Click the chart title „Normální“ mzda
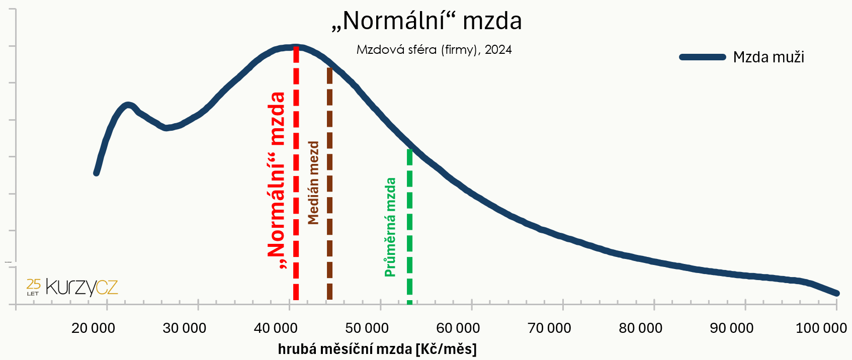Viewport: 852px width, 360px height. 427,21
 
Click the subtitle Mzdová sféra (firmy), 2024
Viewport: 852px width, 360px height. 434,50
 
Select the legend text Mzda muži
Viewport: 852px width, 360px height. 768,57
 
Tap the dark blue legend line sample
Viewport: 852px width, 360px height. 702,57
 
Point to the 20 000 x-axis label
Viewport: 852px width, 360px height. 93,328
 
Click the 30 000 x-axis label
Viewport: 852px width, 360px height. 184,328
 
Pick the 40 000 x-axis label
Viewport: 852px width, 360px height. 276,328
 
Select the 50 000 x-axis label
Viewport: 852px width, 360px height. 367,328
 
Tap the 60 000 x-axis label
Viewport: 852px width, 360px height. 458,328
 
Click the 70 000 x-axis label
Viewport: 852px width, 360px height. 549,328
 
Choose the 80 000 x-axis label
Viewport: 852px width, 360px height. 640,328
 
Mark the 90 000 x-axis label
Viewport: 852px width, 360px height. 731,328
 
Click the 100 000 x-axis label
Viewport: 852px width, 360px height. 821,328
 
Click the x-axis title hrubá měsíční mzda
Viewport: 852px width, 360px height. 377,349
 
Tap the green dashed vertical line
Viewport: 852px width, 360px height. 409,226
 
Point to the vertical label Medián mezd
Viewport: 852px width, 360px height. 313,183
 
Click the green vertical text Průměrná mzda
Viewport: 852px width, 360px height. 390,227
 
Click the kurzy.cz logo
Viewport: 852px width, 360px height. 73,287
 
